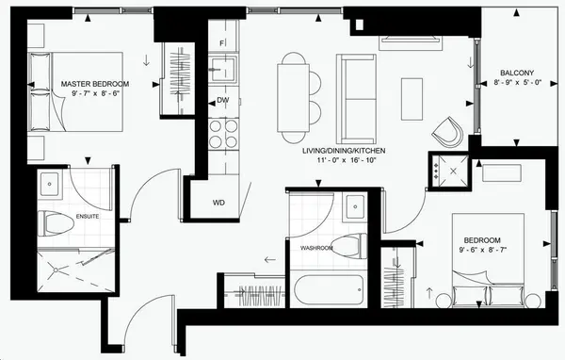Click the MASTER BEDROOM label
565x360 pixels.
(94, 84)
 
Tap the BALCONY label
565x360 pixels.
(517, 73)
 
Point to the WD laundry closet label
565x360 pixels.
(218, 202)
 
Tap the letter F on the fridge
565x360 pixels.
(221, 43)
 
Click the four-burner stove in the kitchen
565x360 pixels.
(222, 132)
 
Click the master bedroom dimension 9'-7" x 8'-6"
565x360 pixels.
(94, 95)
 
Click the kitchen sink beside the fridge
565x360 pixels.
(222, 68)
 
